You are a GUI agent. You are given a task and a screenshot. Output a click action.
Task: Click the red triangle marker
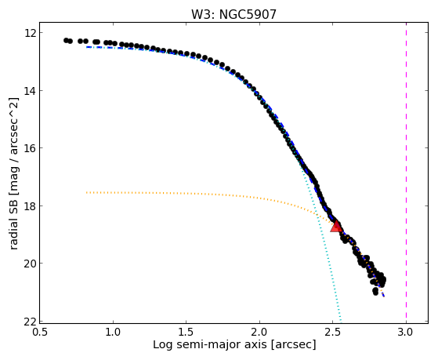337,227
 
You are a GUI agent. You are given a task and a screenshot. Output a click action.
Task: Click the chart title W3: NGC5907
233,14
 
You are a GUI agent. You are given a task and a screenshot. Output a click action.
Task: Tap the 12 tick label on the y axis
28,33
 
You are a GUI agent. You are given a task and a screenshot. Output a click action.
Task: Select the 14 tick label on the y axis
28,91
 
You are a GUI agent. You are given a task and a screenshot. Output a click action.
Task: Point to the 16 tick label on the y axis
28,148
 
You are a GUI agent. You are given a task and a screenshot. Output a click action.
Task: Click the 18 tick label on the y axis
28,206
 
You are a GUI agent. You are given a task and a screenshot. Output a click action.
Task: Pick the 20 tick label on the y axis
28,264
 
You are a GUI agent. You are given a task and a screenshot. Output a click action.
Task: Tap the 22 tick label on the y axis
28,322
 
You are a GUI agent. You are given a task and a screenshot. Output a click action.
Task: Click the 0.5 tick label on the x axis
40,333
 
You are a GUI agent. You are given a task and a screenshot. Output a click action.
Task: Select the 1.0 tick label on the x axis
113,333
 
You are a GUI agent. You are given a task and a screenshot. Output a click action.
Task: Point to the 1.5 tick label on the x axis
186,333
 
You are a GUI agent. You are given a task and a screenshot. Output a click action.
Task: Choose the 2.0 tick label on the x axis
259,333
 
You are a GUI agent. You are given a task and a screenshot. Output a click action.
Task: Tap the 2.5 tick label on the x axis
332,333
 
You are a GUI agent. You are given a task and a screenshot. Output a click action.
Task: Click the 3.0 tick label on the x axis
406,333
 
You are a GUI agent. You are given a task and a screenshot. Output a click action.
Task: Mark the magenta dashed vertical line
406,173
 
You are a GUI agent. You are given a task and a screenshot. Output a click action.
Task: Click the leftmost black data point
66,40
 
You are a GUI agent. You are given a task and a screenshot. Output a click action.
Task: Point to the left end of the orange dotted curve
87,192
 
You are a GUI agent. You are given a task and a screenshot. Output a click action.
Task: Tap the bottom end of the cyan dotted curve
341,322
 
